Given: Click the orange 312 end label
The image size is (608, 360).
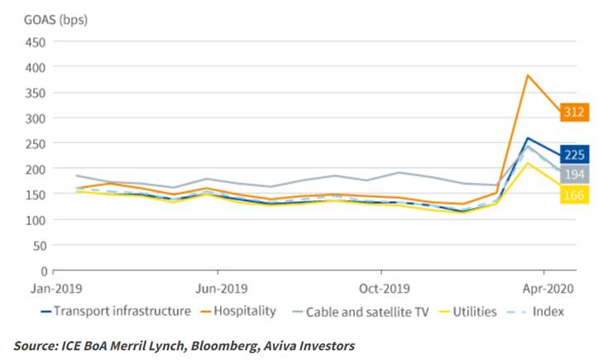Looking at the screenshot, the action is point(574,112).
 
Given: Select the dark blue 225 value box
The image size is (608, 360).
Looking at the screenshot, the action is point(574,155).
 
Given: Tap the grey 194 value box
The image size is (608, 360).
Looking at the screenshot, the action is point(574,174).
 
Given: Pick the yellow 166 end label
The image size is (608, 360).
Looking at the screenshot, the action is point(574,194).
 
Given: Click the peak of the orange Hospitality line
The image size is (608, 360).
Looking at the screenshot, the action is point(528,74).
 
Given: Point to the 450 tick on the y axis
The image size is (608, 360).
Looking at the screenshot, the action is point(36,42).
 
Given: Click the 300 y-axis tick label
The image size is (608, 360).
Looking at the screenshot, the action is point(36,118).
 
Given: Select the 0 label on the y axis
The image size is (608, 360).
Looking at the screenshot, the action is point(43,271).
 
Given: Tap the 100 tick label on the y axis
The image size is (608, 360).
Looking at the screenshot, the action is point(36,220).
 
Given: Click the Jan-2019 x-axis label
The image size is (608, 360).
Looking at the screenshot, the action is point(56,289).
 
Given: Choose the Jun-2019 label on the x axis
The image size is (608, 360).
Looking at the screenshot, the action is point(222,289).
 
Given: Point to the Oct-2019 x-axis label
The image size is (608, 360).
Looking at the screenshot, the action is point(385,289).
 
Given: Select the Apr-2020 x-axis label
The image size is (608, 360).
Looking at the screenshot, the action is point(548,289).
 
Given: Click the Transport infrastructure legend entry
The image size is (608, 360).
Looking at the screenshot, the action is point(116,311).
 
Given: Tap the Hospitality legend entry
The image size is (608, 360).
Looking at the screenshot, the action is point(238,311).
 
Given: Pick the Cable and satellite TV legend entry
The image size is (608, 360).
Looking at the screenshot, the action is point(361,312).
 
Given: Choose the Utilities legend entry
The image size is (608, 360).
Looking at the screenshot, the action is point(467,311).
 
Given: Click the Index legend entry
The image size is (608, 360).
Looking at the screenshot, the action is point(535,311).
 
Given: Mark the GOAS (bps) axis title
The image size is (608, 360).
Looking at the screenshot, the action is point(56,19).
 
